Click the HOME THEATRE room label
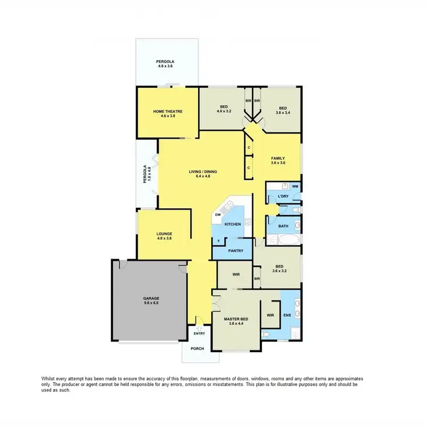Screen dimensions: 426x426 pos(167,111)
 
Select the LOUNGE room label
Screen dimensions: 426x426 pos(165,234)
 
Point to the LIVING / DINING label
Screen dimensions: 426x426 pos(203,172)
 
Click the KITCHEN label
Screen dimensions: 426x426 pos(233,224)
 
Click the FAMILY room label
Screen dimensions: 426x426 pos(278,158)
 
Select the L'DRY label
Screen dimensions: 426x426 pos(283,197)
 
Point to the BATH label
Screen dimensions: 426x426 pos(283,226)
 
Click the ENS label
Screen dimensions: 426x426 pos(287,315)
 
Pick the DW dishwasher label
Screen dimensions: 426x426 pos(218,215)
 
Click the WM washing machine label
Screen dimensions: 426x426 pos(295,186)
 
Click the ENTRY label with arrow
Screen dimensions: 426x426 pos(199,334)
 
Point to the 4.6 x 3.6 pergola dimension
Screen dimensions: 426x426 pos(165,66)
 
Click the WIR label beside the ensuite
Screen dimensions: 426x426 pos(270,315)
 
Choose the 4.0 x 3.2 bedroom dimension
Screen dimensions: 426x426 pos(225,111)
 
